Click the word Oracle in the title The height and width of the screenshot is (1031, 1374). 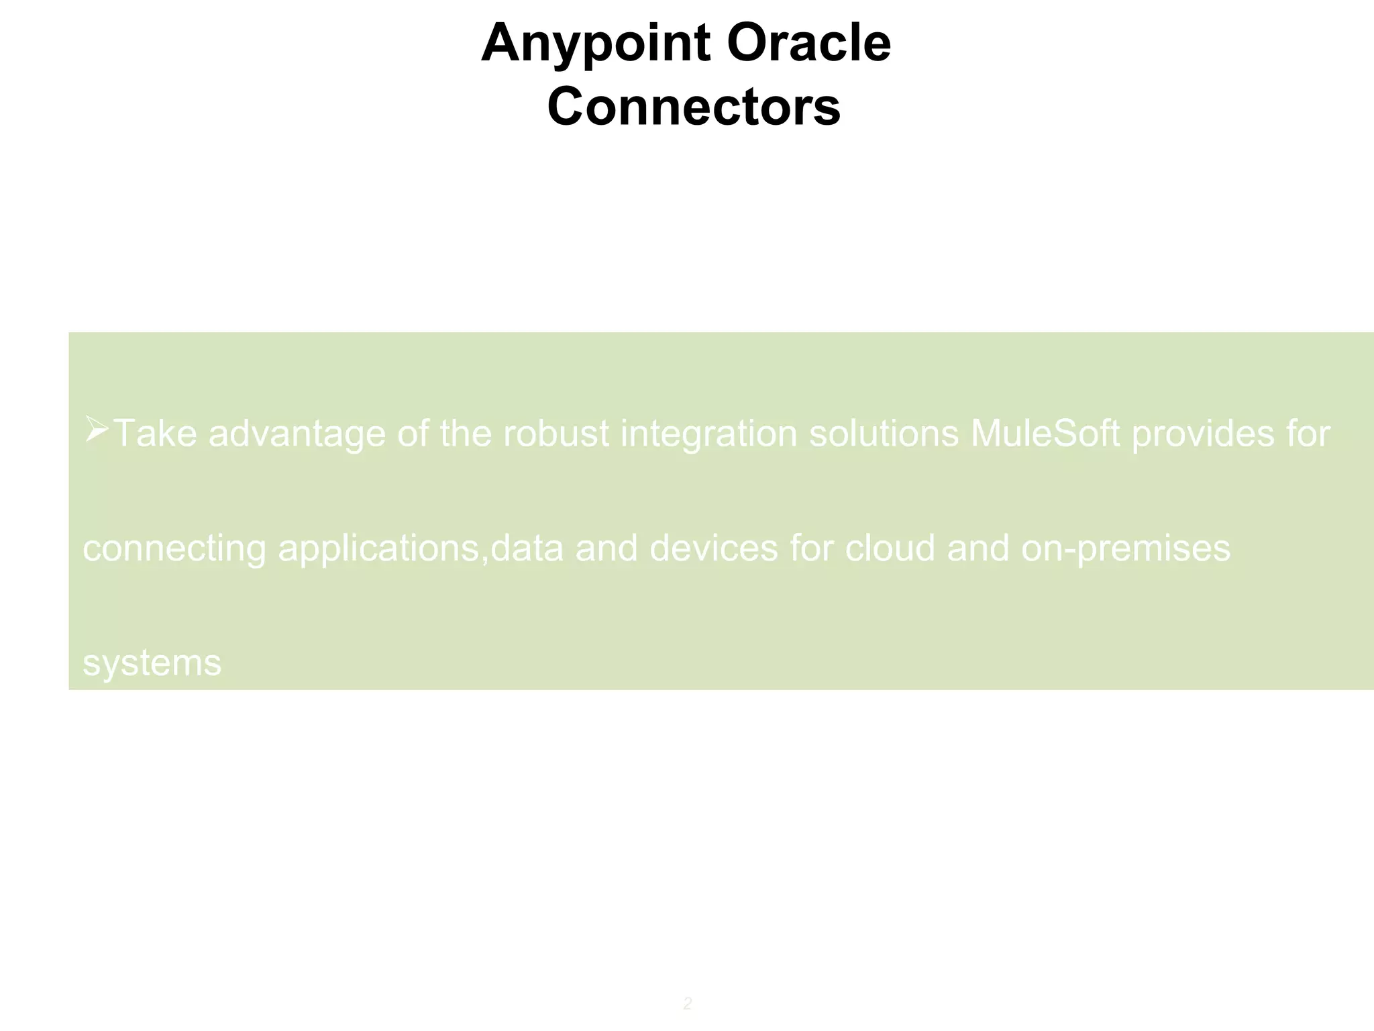click(808, 43)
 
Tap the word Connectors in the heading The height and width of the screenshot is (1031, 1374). click(693, 107)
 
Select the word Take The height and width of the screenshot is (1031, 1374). click(156, 434)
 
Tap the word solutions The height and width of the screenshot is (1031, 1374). click(884, 434)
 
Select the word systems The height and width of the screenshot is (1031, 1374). click(152, 664)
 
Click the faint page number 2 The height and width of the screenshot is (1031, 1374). click(687, 1003)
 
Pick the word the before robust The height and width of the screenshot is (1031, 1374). click(466, 434)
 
